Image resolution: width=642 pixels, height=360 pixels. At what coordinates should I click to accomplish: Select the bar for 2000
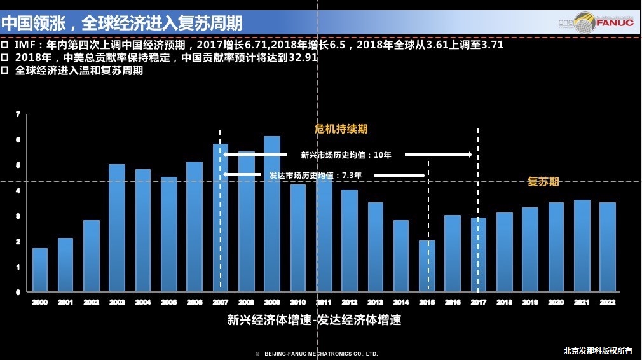point(40,270)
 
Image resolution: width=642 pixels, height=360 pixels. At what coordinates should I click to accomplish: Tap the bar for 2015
point(427,267)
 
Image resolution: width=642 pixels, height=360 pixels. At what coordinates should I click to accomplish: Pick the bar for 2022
point(608,247)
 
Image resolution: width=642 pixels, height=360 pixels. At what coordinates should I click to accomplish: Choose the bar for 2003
point(117,228)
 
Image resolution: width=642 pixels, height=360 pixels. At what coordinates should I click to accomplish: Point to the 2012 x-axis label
point(350,303)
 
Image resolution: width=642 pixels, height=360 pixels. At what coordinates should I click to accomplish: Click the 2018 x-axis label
point(505,303)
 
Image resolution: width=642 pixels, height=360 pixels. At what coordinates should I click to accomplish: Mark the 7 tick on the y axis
point(18,114)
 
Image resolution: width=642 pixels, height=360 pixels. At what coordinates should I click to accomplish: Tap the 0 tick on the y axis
point(18,293)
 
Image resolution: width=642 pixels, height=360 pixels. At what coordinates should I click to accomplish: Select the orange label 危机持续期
point(341,129)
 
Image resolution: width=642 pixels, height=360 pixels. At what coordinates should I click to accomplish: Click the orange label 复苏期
point(543,182)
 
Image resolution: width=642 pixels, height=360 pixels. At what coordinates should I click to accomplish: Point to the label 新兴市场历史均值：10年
point(346,155)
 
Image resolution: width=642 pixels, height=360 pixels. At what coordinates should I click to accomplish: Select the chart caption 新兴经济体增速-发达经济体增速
point(315,320)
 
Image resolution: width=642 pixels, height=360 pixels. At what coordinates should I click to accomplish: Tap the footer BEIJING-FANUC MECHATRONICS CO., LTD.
point(321,353)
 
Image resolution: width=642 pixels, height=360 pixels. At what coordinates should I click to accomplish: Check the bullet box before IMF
point(5,46)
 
